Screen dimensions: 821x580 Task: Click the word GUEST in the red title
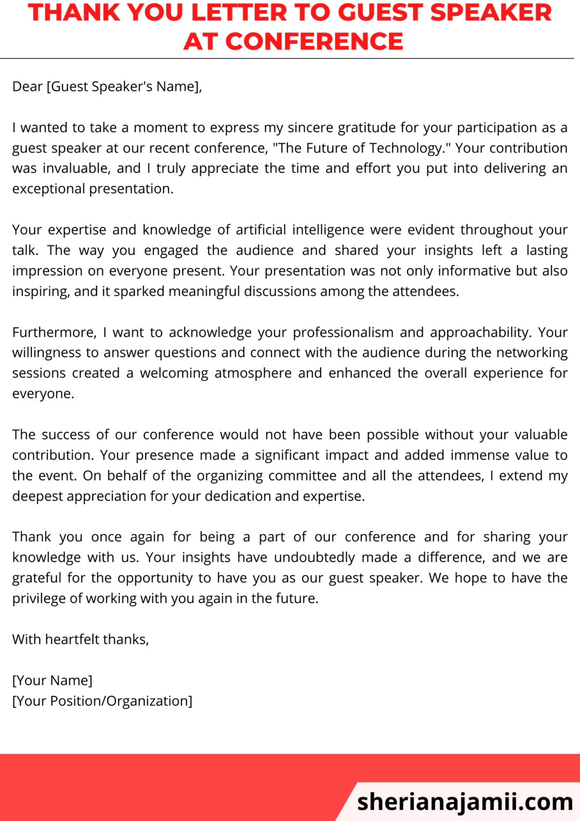380,13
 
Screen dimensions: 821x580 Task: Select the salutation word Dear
27,87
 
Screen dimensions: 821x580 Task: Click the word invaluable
76,168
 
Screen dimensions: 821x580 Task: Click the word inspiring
41,292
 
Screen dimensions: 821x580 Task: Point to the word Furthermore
54,332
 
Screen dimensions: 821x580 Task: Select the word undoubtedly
314,557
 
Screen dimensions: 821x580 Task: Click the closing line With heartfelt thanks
81,639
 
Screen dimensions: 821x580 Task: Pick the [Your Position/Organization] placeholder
102,701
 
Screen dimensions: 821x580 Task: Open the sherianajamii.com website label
465,802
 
